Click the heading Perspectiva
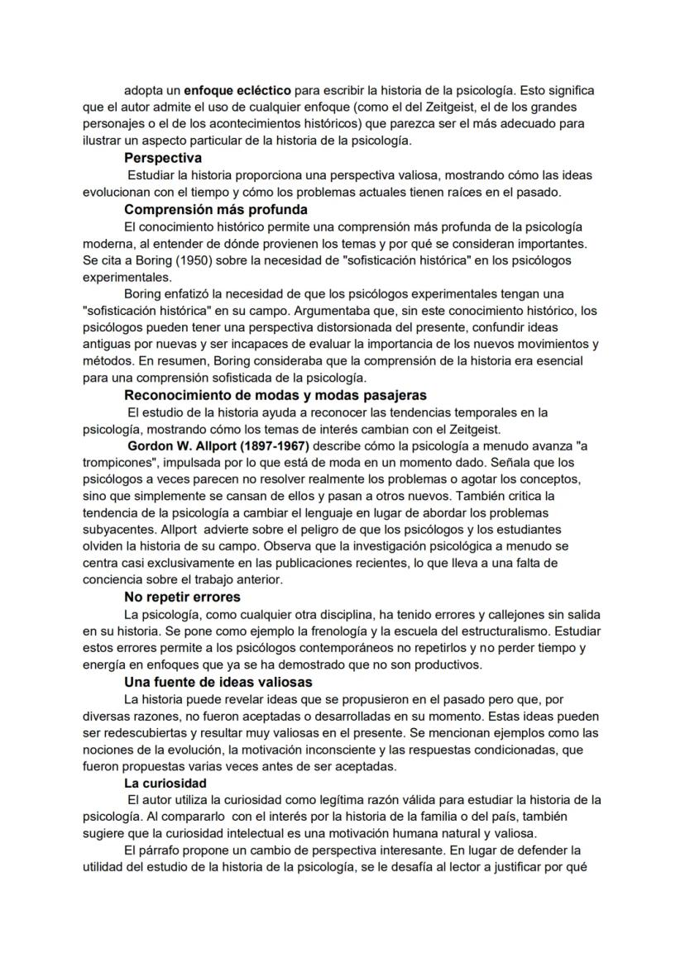coord(163,158)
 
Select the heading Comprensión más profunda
coord(216,209)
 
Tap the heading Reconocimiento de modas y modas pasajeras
coord(275,395)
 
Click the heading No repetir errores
coord(182,597)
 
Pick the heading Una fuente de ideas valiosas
coord(218,682)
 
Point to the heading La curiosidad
coord(165,783)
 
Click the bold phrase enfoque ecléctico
coord(237,90)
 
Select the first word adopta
coord(142,90)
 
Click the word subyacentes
coord(117,529)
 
